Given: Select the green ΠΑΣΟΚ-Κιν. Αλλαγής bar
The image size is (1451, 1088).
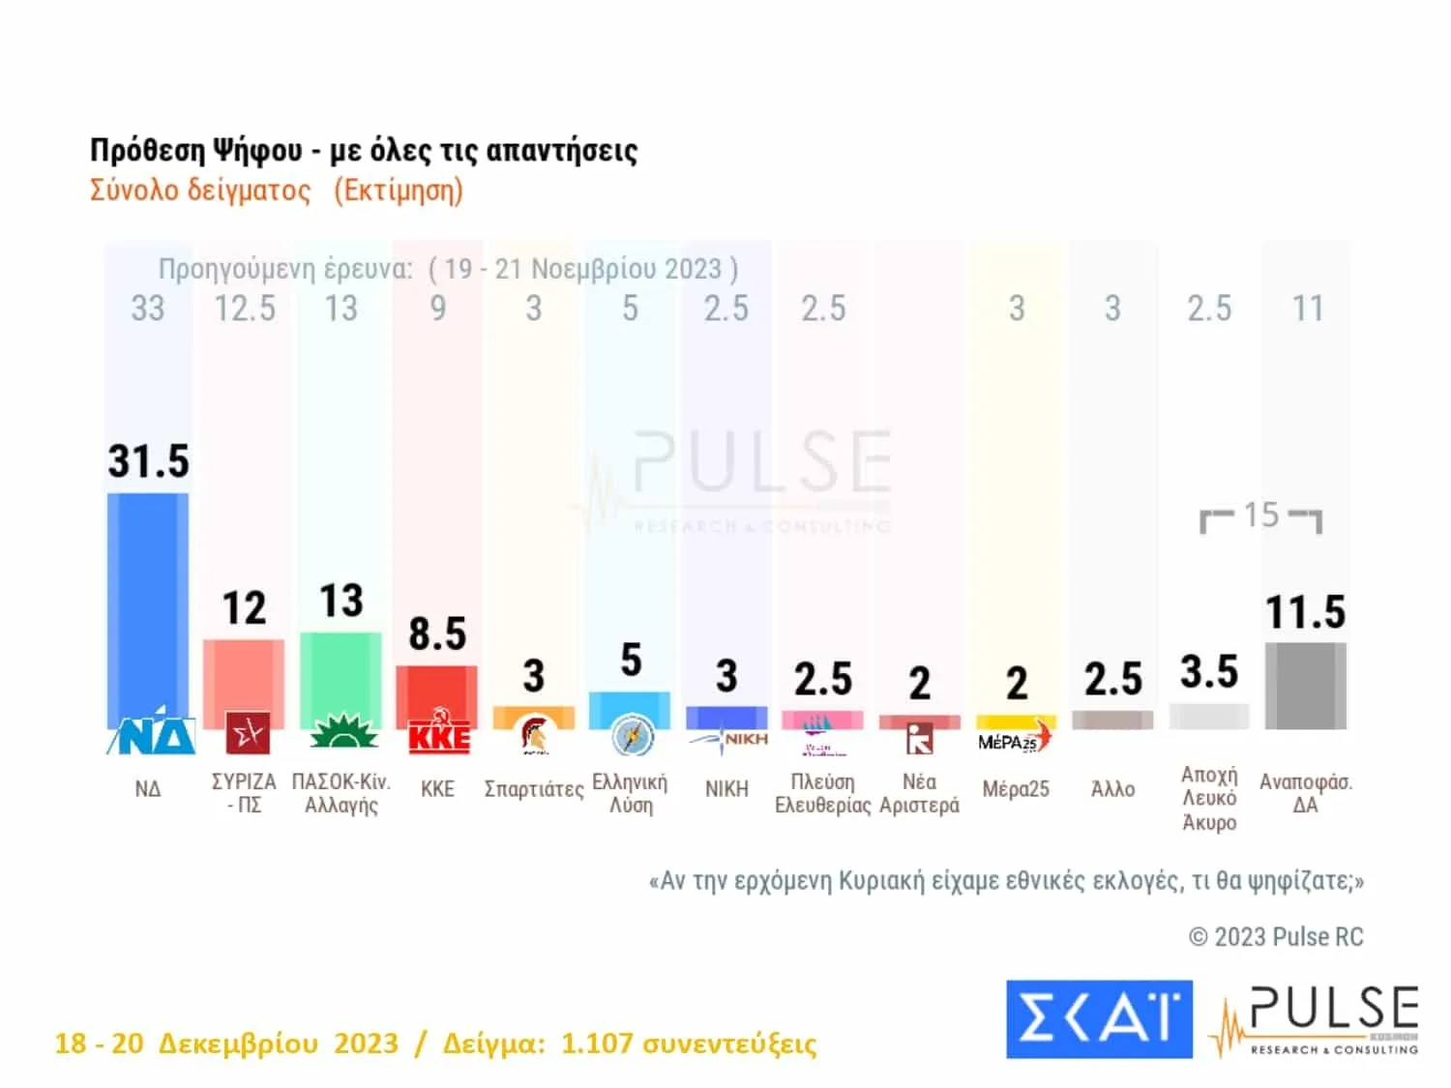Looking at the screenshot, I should point(341,677).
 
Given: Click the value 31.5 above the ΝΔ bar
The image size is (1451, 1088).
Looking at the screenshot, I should point(148,461).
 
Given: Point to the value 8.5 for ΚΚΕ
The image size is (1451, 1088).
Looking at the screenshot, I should point(437,634).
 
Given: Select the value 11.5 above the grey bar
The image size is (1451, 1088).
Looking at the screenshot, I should point(1305,612).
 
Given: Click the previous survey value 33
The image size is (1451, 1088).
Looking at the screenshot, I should point(148,309).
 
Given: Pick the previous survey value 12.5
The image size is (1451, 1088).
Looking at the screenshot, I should point(245,309).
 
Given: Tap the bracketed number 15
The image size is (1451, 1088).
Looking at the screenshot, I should point(1261,515).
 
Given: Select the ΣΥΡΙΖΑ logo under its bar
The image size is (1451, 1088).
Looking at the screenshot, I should point(248,733).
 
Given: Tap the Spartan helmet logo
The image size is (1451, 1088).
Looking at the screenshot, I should point(533,735).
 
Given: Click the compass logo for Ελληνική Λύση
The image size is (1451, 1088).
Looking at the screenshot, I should point(632,737).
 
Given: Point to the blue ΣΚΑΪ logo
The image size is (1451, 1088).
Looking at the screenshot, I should point(1099,1018).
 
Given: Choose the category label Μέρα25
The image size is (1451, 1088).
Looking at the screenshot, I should point(1016,789).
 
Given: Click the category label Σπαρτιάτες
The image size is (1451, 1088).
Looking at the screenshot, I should point(533,789).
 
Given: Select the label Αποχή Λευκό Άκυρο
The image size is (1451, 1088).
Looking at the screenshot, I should point(1209,799).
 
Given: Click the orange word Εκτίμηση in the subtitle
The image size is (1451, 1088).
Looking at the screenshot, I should point(399,191).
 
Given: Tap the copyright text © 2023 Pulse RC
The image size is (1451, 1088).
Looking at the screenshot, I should point(1276,936).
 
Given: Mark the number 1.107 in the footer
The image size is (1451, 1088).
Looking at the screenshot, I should point(597,1044).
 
